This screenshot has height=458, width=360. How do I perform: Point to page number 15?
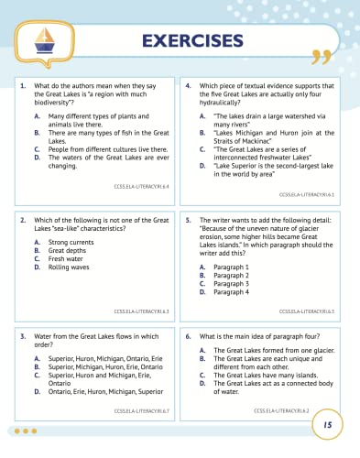326,425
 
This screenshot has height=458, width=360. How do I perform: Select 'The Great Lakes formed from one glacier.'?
270,351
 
